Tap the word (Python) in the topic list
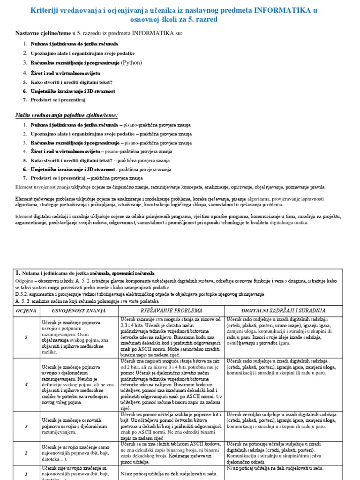pyautogui.click(x=131, y=62)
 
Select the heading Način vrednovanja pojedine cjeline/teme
pyautogui.click(x=67, y=115)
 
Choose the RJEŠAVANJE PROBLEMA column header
pyautogui.click(x=172, y=310)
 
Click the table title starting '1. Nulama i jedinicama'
pyautogui.click(x=84, y=273)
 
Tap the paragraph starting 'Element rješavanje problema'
pyautogui.click(x=176, y=202)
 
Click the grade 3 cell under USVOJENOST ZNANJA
pyautogui.click(x=78, y=424)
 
